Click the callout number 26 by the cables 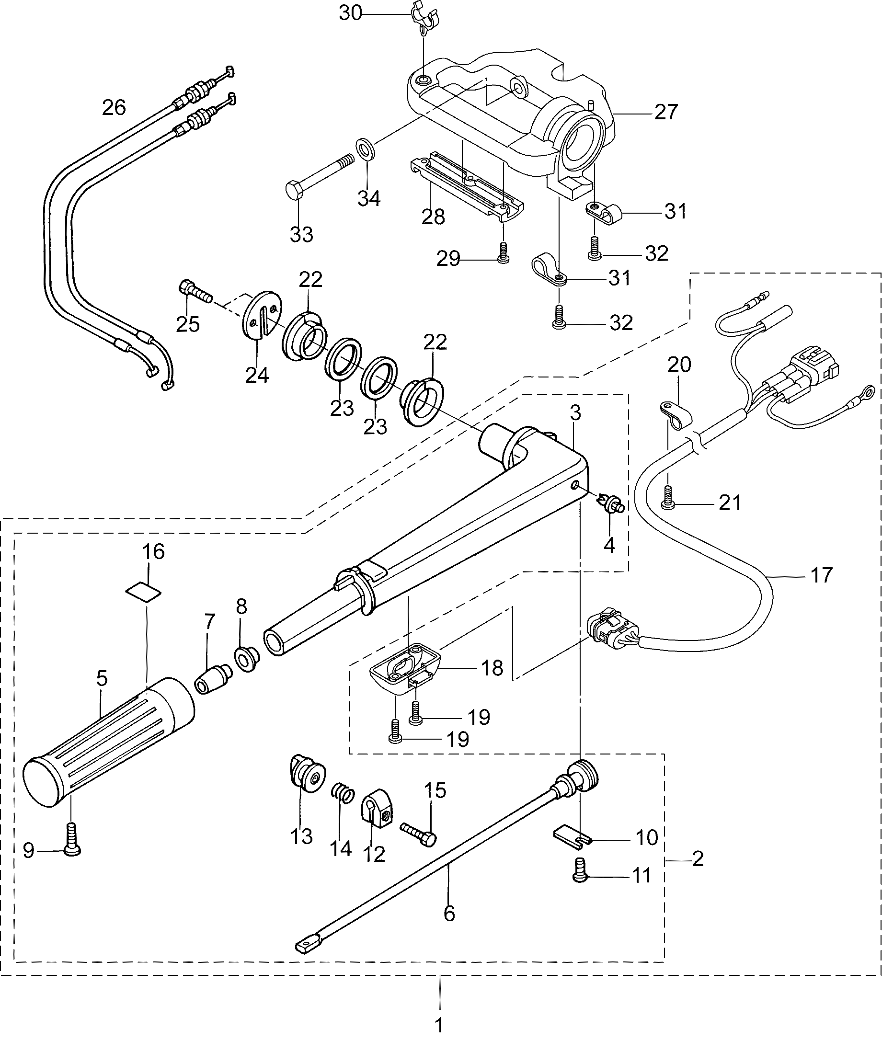[114, 107]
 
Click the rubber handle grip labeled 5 [110, 740]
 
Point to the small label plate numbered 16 [144, 591]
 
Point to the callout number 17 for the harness [822, 575]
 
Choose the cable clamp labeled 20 [674, 414]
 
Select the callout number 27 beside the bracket [665, 112]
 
